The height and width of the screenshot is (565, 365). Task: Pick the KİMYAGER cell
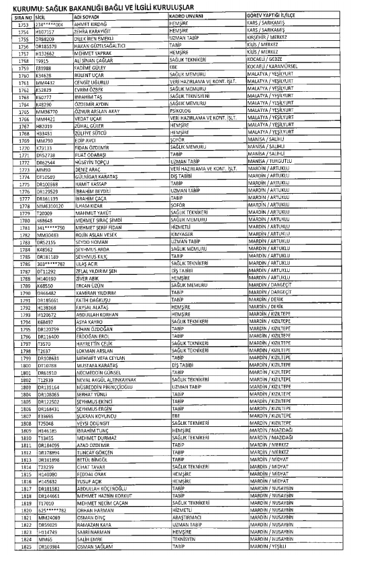pos(183,234)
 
